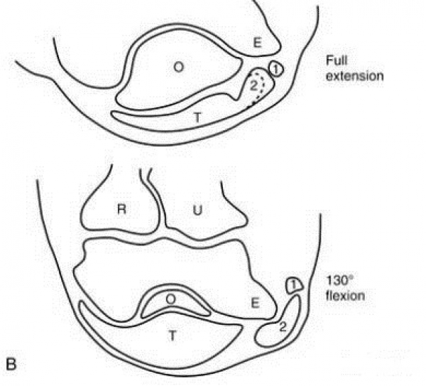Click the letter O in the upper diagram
[178, 67]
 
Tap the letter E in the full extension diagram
[257, 43]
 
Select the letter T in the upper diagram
[197, 118]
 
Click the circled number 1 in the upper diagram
[276, 70]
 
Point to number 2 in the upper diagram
[253, 86]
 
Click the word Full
[337, 60]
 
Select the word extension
[355, 76]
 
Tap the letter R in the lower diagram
[121, 209]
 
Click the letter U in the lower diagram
[197, 210]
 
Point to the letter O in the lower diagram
[170, 299]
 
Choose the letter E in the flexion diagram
[255, 303]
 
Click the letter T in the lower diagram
[173, 336]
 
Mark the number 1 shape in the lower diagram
[294, 285]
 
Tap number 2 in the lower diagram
[283, 328]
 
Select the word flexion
[345, 296]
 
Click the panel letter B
[11, 365]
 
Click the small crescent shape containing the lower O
[175, 302]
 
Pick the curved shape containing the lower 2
[278, 322]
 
